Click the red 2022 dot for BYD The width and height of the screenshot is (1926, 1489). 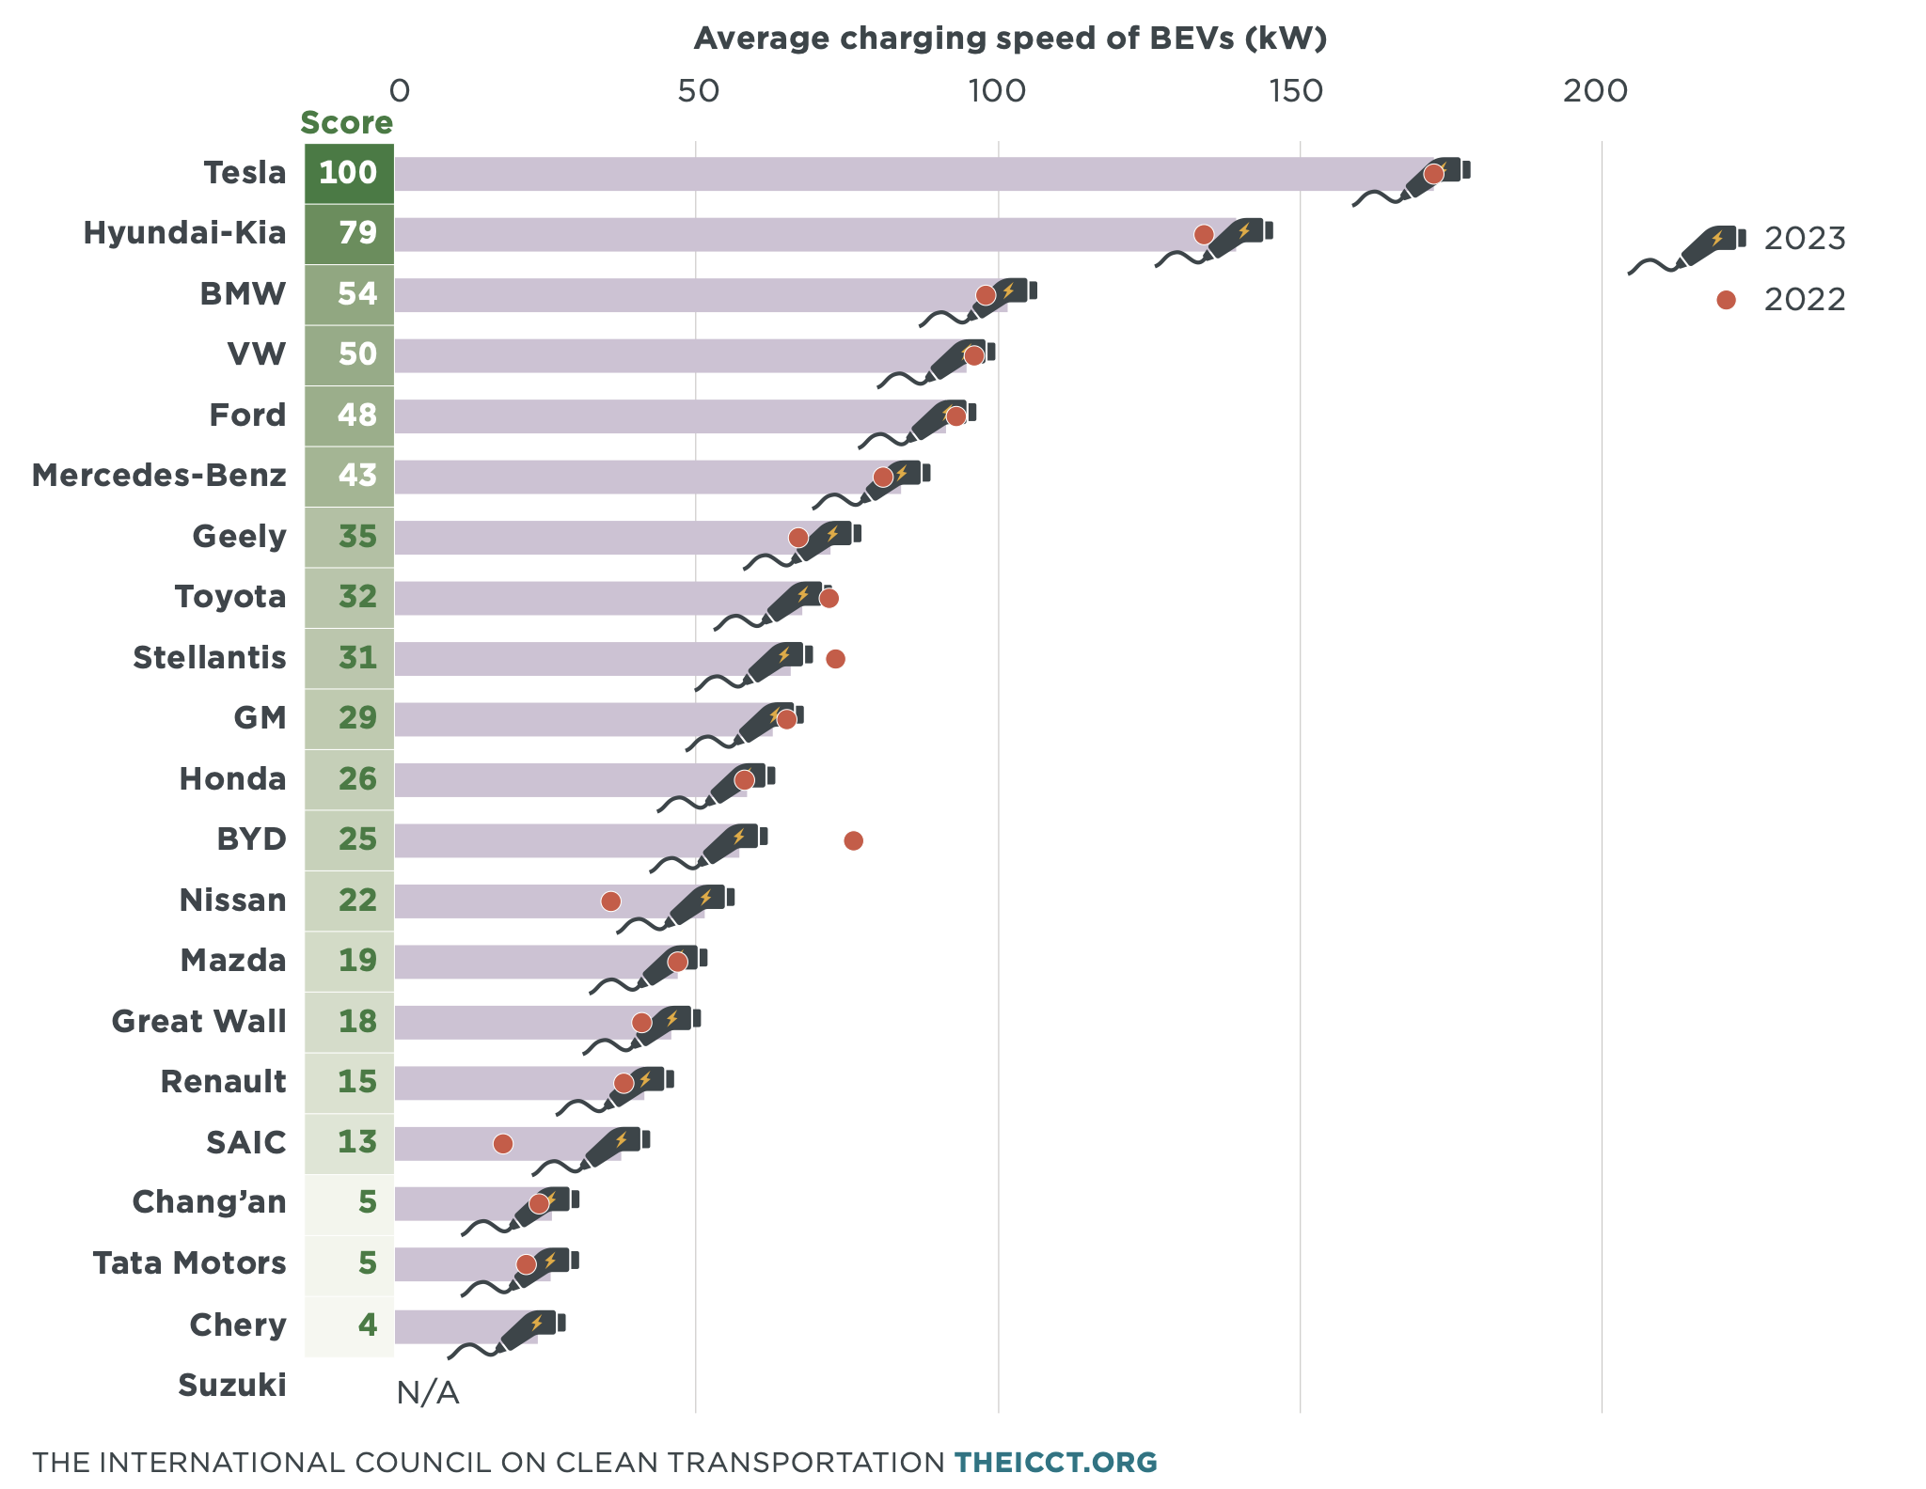pos(853,840)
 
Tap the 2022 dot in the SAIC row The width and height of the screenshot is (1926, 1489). pos(503,1143)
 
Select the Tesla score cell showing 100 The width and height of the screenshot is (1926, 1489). pos(349,173)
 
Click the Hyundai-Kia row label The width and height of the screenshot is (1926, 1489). pos(184,233)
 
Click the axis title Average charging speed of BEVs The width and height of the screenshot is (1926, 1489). pos(1010,39)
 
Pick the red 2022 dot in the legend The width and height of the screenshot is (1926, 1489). pos(1726,300)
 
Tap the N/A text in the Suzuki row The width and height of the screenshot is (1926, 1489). pos(428,1392)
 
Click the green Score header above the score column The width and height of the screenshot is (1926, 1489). pos(346,123)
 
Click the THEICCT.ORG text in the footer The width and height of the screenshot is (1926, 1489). pos(1055,1463)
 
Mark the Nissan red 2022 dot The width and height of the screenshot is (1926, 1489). pos(610,901)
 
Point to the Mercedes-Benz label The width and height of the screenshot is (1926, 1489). pos(159,476)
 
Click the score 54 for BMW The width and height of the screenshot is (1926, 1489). pos(356,294)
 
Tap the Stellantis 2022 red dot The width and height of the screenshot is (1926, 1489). pos(835,659)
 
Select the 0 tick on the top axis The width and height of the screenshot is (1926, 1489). pos(399,91)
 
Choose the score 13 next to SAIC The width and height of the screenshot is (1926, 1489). pos(356,1142)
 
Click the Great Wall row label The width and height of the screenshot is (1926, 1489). pos(198,1021)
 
